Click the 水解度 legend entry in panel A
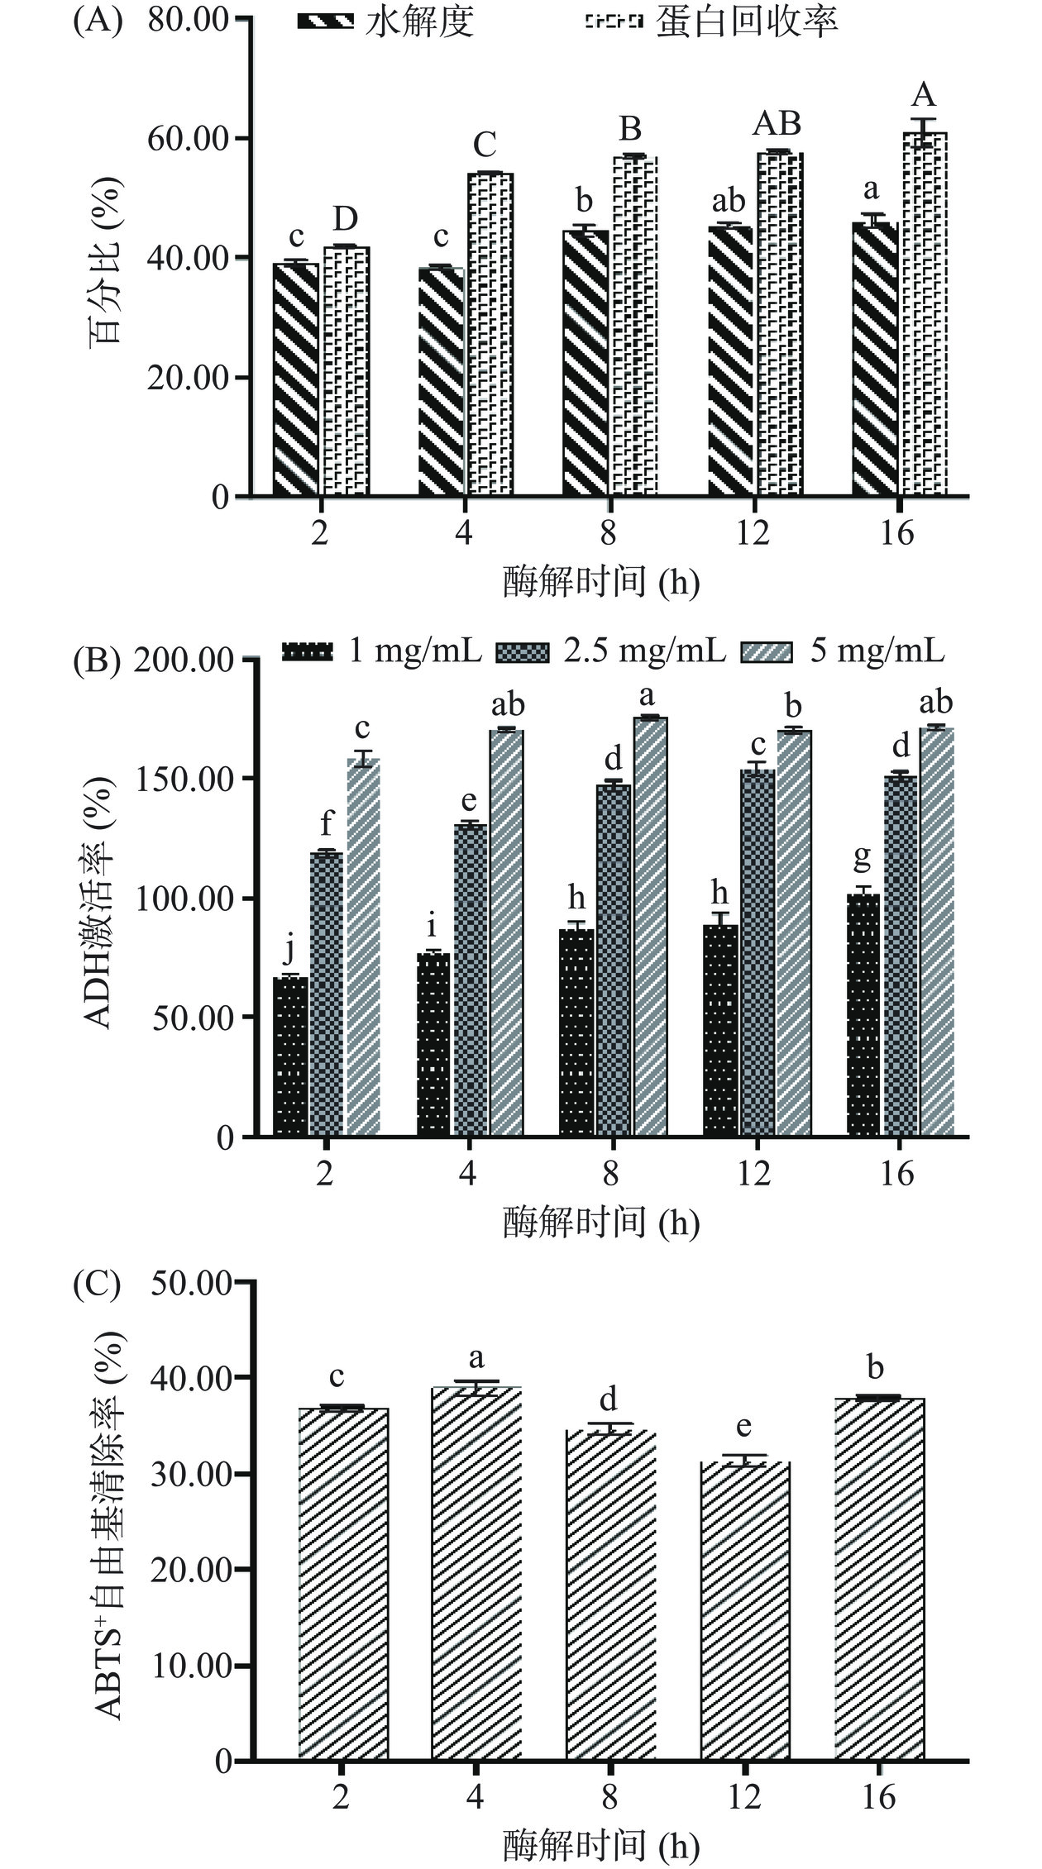click(x=386, y=22)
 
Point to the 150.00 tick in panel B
click(x=187, y=780)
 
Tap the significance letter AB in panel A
click(x=777, y=123)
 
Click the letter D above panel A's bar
click(x=346, y=219)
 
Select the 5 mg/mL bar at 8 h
click(x=650, y=926)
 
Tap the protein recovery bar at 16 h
click(x=924, y=314)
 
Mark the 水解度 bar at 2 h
click(x=295, y=379)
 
